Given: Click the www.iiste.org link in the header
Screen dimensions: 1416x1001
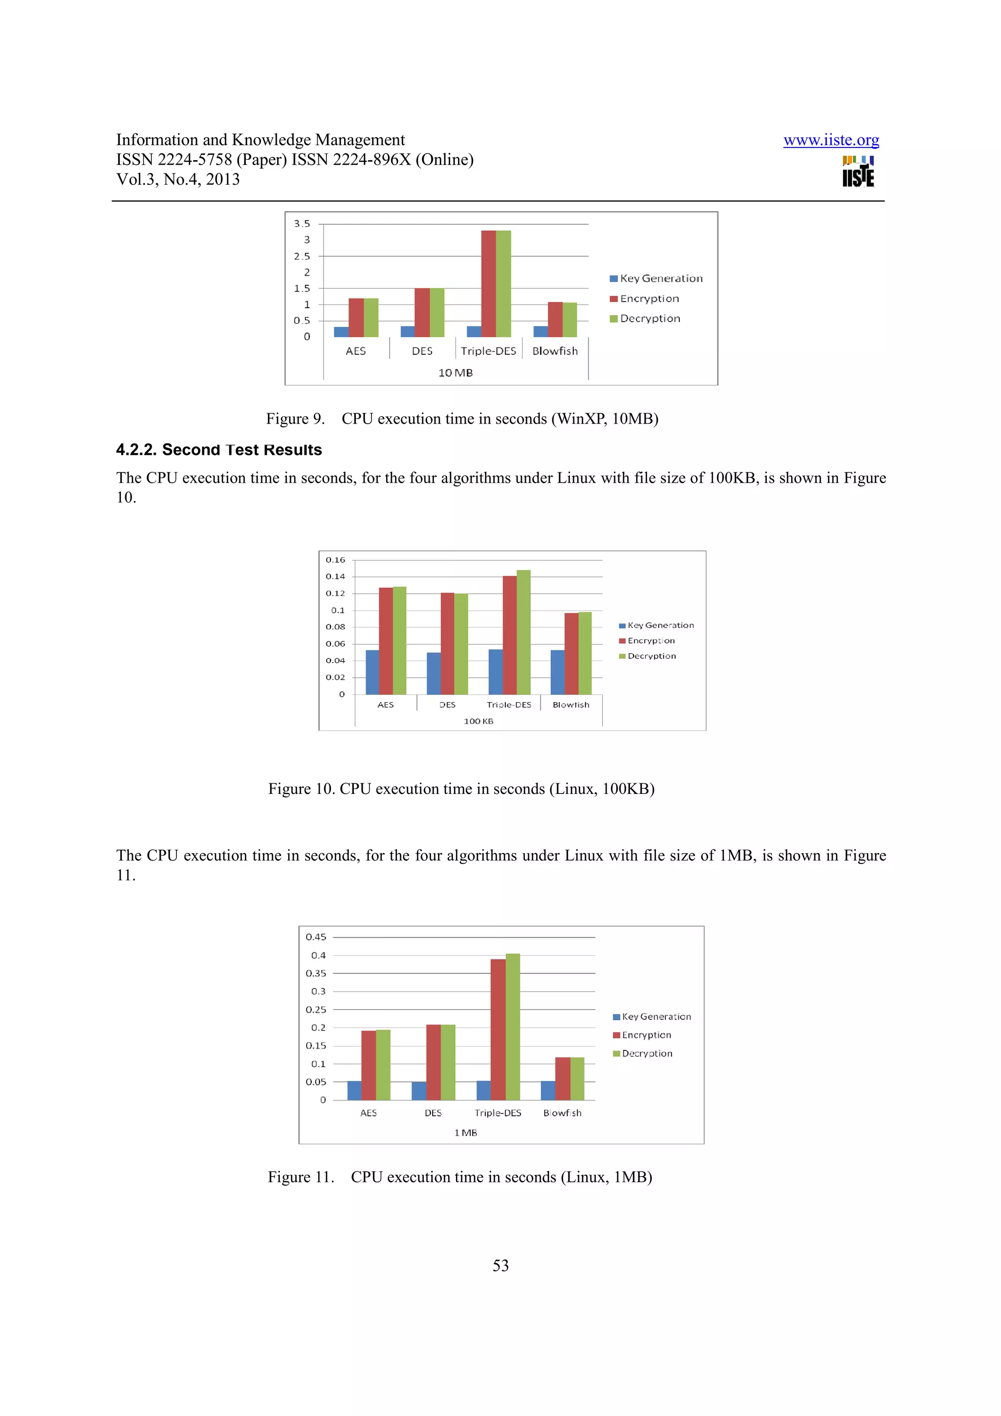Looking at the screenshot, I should (x=831, y=140).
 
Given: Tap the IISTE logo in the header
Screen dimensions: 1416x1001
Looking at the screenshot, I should (x=858, y=172).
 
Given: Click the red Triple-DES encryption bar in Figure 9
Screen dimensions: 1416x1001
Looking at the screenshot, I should (x=488, y=284).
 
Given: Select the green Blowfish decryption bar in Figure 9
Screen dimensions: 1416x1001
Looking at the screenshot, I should (x=569, y=320).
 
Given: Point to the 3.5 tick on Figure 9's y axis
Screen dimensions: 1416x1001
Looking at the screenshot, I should (x=302, y=224).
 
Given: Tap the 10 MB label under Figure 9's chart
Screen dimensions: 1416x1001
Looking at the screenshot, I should (x=455, y=372).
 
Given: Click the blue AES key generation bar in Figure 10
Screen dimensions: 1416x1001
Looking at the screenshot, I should (x=372, y=672).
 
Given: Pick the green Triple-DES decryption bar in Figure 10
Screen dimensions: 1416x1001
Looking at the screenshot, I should (x=523, y=632).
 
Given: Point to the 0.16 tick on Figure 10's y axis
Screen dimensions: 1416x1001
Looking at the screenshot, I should (x=335, y=560).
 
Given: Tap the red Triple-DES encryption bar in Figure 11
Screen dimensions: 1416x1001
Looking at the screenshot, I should (x=498, y=1030).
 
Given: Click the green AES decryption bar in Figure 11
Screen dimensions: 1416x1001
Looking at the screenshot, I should (x=383, y=1065).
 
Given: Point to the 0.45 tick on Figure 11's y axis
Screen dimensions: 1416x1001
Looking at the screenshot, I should (x=316, y=937).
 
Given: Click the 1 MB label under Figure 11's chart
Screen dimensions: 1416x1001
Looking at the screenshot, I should (x=466, y=1132).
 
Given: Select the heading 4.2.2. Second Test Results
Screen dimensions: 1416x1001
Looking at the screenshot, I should (x=219, y=450).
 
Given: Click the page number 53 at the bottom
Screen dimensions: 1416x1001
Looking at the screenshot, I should (x=500, y=1266).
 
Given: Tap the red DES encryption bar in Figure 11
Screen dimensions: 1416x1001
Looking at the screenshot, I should (x=433, y=1062).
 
